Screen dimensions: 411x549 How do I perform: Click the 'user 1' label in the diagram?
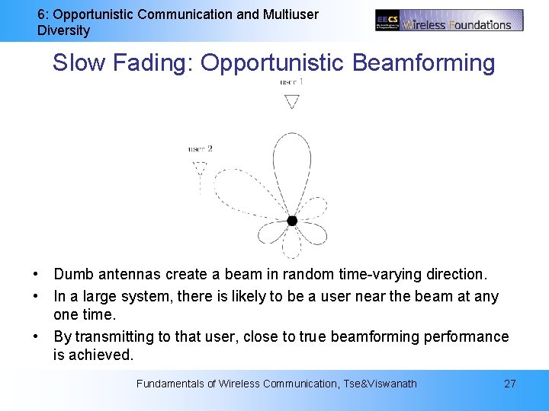tap(291, 81)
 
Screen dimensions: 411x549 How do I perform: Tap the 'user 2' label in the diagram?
tap(200, 148)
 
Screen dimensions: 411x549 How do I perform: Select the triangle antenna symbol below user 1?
tap(291, 101)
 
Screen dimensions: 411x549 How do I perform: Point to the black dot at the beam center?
tap(292, 221)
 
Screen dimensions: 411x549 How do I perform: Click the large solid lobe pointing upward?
tap(292, 167)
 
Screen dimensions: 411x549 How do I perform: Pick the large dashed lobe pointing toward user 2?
tap(244, 190)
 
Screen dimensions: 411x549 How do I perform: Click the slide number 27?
tap(509, 384)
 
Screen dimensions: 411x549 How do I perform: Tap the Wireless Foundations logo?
tap(449, 20)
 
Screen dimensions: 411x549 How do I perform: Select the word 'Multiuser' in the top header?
tap(290, 14)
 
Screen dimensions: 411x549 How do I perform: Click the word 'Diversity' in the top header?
tap(63, 30)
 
